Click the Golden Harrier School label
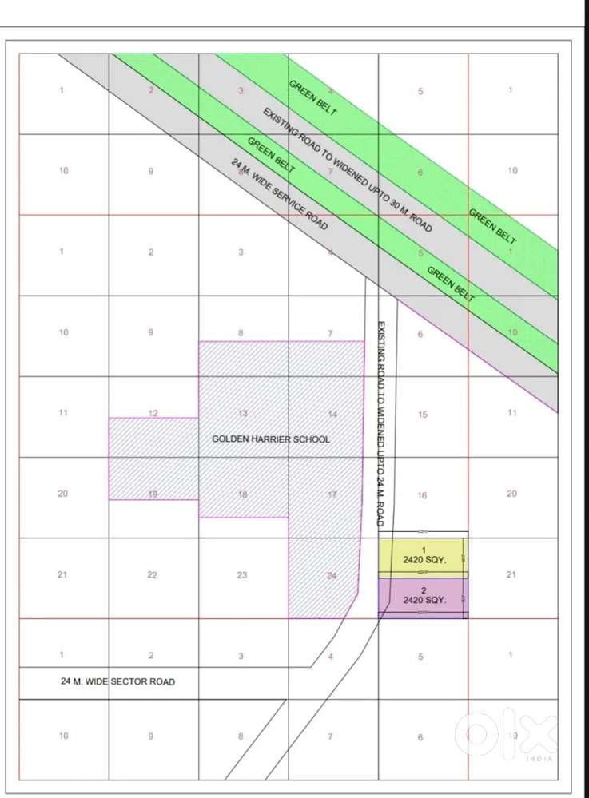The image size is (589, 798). (270, 439)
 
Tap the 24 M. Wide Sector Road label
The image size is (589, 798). (117, 681)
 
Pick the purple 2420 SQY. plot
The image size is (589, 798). (423, 596)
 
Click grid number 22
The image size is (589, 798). (153, 574)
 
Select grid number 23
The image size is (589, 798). (242, 574)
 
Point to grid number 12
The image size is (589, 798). (153, 413)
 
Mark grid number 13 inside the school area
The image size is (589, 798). (243, 413)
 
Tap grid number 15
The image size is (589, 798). (423, 414)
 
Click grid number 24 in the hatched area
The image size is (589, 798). (332, 574)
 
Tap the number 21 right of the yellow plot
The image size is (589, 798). (511, 574)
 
